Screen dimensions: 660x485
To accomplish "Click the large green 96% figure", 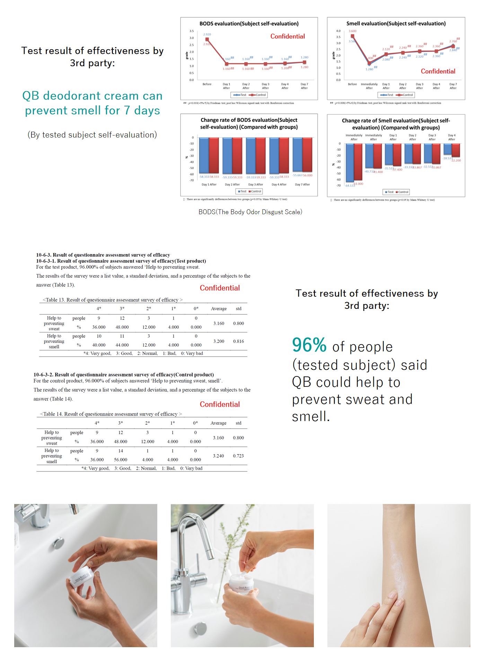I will tap(309, 345).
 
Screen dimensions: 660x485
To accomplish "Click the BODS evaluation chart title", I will tap(249, 24).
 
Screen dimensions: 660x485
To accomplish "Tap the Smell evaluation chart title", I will tap(396, 24).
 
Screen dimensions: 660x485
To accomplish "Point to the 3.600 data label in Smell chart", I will tap(352, 31).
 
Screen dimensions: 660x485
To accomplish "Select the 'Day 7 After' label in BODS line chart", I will tap(304, 86).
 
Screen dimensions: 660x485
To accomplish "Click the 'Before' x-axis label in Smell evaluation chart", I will tap(352, 84).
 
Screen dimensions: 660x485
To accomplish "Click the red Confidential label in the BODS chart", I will tap(288, 36).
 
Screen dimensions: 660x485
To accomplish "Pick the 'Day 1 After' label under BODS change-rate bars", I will tap(209, 184).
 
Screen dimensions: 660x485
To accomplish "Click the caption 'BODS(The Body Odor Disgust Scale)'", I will tap(250, 212).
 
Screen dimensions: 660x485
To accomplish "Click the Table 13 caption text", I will tap(113, 300).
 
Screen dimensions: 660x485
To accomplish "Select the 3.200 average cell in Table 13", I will tap(219, 341).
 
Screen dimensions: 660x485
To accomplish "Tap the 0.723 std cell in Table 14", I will tap(238, 456).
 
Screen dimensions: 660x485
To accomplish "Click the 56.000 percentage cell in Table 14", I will tap(121, 460).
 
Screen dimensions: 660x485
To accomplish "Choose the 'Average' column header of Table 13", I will tap(219, 309).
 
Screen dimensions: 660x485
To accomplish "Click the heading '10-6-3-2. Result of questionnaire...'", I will tap(124, 375).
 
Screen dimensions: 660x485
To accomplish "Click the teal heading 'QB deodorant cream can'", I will tap(92, 96).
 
